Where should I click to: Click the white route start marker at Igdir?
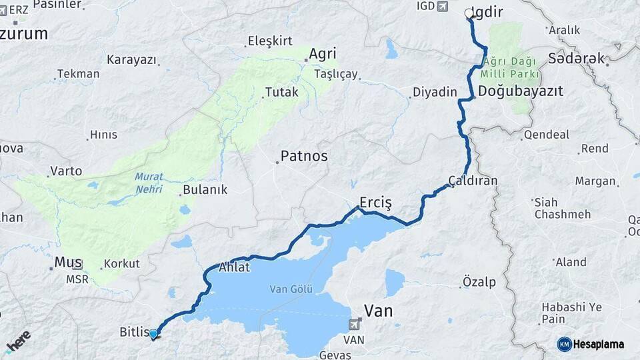coord(469,13)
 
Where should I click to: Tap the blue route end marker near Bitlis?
coord(153,333)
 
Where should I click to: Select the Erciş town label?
coord(375,201)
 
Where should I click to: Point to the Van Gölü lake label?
coord(291,289)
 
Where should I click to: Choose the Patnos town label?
coord(303,156)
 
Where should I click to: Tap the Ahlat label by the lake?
coord(234,268)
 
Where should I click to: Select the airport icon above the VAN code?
coord(354,325)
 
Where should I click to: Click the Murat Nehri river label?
coord(149,182)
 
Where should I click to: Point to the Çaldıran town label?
coord(473,181)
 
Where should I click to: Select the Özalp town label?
coord(480,283)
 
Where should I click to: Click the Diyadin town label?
coord(434,92)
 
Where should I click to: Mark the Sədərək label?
coord(577,59)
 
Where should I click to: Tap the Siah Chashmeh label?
coord(562,207)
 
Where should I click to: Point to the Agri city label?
coord(322,54)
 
